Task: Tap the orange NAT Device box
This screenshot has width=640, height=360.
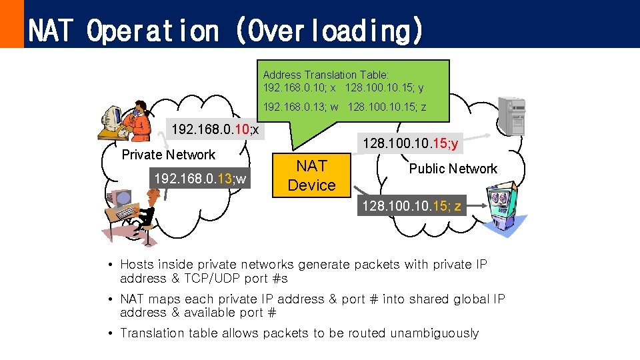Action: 312,175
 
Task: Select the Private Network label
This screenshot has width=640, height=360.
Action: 169,155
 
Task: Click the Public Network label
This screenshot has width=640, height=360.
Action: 453,169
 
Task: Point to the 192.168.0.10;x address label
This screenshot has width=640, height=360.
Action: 215,129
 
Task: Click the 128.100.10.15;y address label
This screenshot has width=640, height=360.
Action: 410,144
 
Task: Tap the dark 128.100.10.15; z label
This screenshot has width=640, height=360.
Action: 411,207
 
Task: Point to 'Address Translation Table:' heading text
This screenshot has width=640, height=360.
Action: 326,75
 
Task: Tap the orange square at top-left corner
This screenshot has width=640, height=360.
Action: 11,23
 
